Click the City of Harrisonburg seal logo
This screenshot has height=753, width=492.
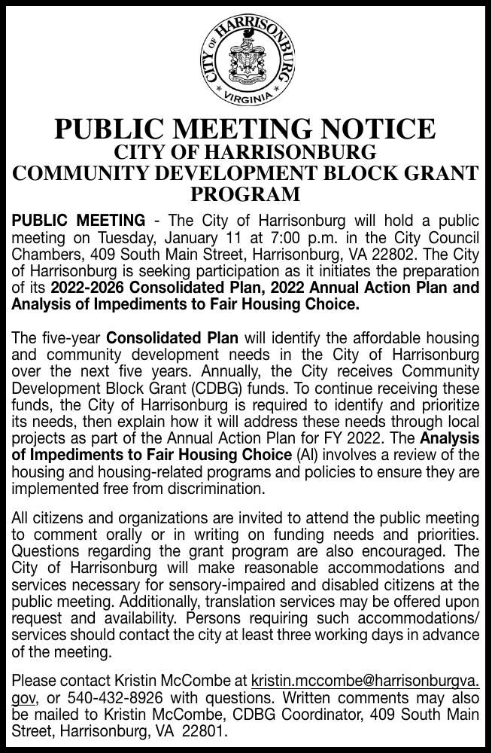pos(245,58)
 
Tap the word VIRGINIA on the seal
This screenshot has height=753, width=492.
pos(245,98)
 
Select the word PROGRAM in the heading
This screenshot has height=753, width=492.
pos(245,194)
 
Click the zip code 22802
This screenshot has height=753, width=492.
pos(396,254)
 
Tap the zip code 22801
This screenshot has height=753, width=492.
pos(202,730)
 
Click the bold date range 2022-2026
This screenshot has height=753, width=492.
pos(89,287)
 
